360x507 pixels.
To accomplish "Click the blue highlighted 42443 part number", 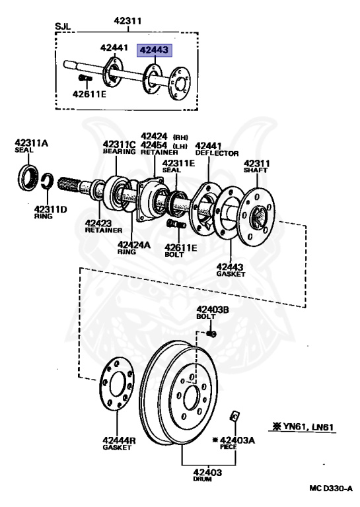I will (x=153, y=49).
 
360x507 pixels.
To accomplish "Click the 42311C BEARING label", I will (x=119, y=147).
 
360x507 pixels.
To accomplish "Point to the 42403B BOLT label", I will (x=212, y=312).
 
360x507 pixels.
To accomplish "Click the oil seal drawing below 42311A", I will (x=28, y=178).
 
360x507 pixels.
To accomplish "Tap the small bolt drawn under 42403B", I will (x=211, y=333).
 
